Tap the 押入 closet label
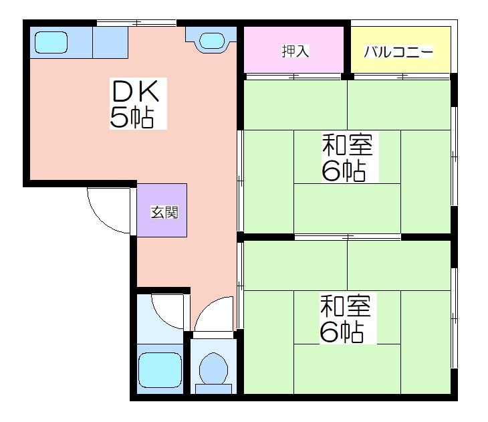pos(295,51)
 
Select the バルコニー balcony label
pos(398,51)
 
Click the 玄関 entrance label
pos(164,213)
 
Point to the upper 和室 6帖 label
pos(348,157)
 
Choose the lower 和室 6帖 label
pos(346,318)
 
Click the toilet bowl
pos(213,368)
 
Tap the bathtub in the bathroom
pos(160,371)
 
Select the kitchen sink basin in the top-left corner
pos(51,42)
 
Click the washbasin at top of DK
pos(212,41)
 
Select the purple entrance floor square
pos(162,210)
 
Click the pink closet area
pos(293,50)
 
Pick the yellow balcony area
pos(401,50)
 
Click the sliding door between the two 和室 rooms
pos(348,237)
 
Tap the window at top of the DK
pos(136,23)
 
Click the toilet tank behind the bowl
pos(213,389)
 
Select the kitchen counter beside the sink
pos(110,42)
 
